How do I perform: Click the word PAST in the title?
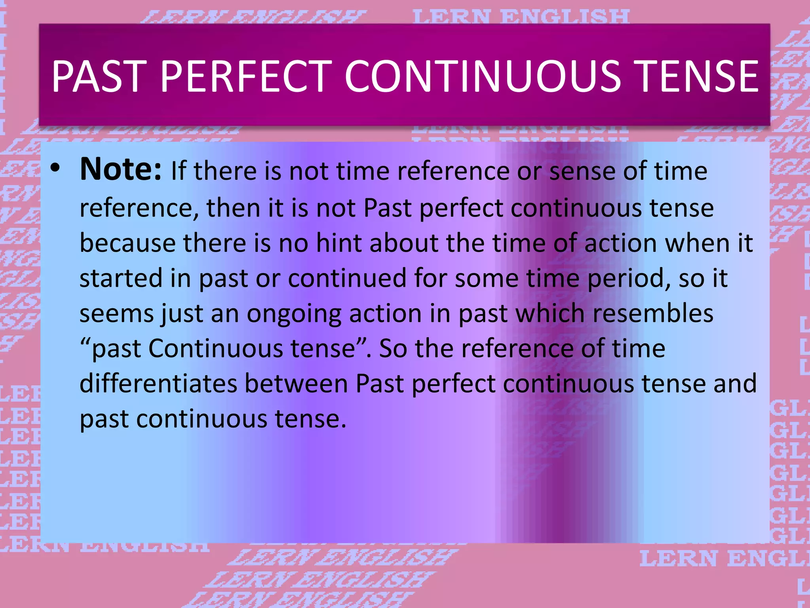pos(99,76)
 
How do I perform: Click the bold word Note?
pos(121,169)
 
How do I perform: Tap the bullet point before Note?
pos(55,169)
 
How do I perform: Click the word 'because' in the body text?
pos(127,243)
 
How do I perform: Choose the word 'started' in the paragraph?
pos(121,278)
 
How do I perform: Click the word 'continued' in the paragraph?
pos(347,278)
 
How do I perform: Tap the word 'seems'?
pos(117,313)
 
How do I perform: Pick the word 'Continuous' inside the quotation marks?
pos(216,349)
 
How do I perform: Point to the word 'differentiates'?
pos(158,384)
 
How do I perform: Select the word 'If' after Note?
pos(178,171)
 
